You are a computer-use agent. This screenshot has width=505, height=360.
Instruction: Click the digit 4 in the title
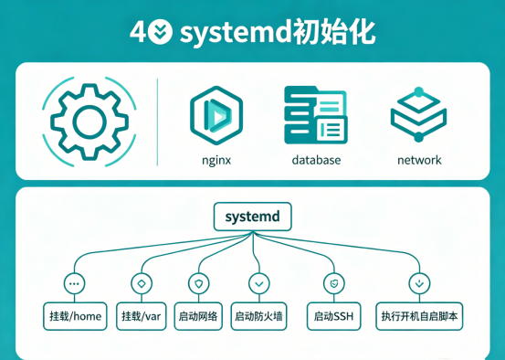[x=138, y=32]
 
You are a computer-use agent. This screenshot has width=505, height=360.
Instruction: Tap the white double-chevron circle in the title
[x=161, y=32]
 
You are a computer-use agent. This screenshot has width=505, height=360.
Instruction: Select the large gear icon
[x=89, y=122]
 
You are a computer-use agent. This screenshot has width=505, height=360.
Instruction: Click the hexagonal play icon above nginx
[x=216, y=115]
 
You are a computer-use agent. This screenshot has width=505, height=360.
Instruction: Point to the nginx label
[x=216, y=160]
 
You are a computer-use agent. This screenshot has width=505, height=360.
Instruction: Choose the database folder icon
[x=316, y=115]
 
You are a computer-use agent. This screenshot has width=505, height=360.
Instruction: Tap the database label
[x=316, y=160]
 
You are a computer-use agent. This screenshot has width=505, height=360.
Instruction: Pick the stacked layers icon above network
[x=418, y=114]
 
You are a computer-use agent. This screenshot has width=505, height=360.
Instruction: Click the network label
[x=419, y=160]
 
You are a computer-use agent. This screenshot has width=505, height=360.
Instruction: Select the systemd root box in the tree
[x=253, y=217]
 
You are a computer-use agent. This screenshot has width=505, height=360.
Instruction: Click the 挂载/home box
[x=75, y=316]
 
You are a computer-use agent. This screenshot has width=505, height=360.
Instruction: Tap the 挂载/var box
[x=141, y=316]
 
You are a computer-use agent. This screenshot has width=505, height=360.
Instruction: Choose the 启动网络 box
[x=198, y=316]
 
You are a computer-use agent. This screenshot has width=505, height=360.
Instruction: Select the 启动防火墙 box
[x=258, y=316]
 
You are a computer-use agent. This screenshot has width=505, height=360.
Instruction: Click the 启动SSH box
[x=333, y=316]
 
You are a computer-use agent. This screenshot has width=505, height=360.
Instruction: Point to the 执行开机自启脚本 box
[x=419, y=316]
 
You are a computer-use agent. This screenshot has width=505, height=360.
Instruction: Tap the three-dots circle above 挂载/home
[x=74, y=283]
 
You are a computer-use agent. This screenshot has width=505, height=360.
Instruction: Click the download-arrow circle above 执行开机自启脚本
[x=419, y=283]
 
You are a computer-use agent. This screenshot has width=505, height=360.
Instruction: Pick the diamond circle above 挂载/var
[x=142, y=283]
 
